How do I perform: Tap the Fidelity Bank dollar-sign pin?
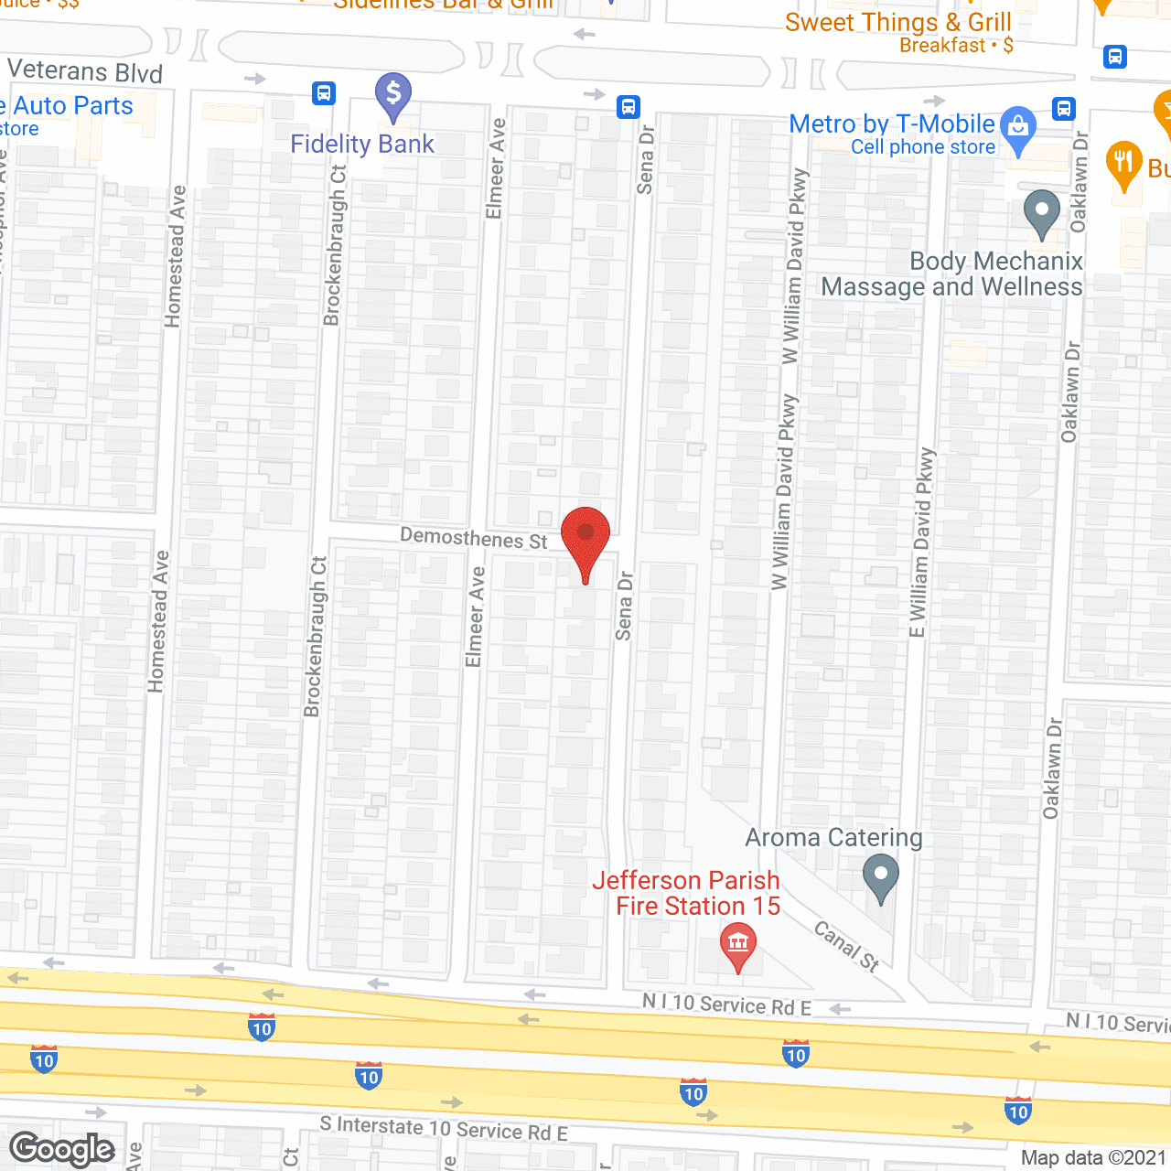pos(393,94)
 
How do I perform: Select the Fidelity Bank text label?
pos(362,145)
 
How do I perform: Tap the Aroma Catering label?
pos(833,838)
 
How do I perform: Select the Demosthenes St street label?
pos(474,538)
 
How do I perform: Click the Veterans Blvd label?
pos(85,72)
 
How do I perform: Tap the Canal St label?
pos(847,945)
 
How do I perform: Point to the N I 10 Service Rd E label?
pos(726,1004)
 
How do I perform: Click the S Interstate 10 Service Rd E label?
pos(444,1129)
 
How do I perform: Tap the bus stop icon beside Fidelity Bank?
pos(323,93)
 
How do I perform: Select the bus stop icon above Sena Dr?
pos(628,106)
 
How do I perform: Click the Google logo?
pos(62,1149)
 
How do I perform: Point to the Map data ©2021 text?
pos(1094,1158)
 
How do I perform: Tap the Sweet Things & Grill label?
pos(897,23)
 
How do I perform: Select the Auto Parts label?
pos(73,106)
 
